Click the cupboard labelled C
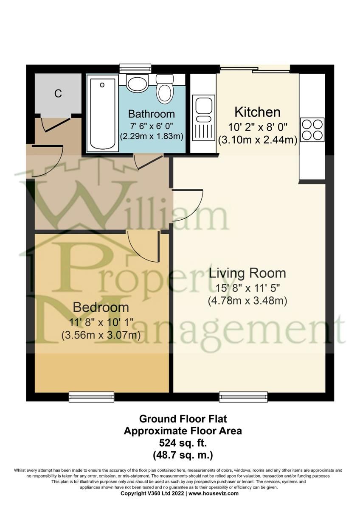pos(58,93)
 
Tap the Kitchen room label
pos(257,112)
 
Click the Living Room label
pos(247,273)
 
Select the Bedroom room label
pos(101,307)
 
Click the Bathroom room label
pos(152,114)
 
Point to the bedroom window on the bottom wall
pos(92,397)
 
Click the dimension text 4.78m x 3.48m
pos(247,301)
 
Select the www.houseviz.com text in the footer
pos(214,493)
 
